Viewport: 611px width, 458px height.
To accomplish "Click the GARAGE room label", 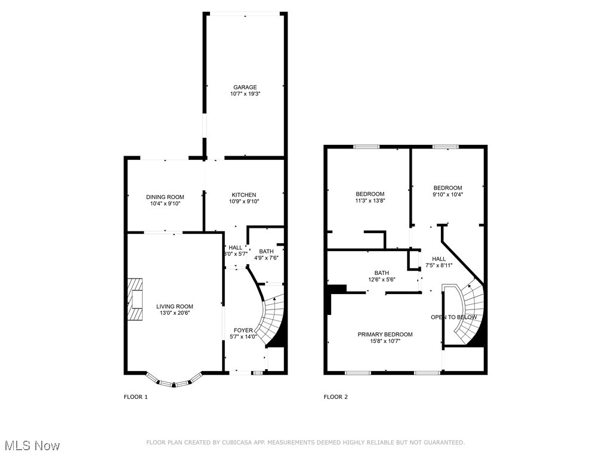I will (245, 87).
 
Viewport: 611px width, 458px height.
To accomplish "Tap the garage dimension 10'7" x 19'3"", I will (245, 94).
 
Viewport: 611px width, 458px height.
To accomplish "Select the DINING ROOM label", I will (165, 197).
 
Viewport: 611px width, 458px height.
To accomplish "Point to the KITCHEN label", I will (243, 195).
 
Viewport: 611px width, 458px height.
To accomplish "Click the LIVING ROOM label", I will (175, 307).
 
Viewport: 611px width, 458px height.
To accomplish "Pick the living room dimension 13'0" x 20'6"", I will (175, 314).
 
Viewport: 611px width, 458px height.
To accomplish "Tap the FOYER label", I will (243, 329).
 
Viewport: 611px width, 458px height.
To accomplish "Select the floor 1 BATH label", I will (266, 251).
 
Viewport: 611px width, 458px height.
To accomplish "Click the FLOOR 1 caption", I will (135, 397).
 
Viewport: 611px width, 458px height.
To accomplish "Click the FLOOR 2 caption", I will (336, 397).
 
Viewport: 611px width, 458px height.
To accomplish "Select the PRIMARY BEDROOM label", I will (385, 335).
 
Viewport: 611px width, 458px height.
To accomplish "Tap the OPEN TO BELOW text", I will (454, 317).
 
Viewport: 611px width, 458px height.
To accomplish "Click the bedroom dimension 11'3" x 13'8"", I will (370, 201).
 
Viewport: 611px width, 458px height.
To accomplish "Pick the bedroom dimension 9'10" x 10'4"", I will (448, 194).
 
